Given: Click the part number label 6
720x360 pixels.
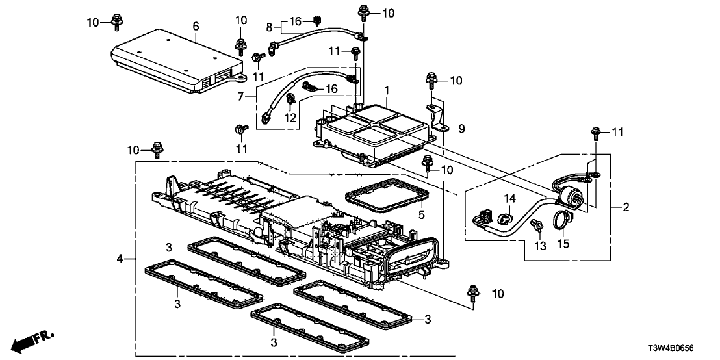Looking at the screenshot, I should point(196,26).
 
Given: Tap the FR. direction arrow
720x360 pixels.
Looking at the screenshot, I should point(32,340).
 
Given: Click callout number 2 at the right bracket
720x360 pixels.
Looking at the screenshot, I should point(626,207).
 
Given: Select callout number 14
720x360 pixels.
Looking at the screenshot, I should point(510,198).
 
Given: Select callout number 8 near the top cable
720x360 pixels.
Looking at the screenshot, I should point(269,27).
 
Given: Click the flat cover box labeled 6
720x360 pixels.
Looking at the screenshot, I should point(175,62).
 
